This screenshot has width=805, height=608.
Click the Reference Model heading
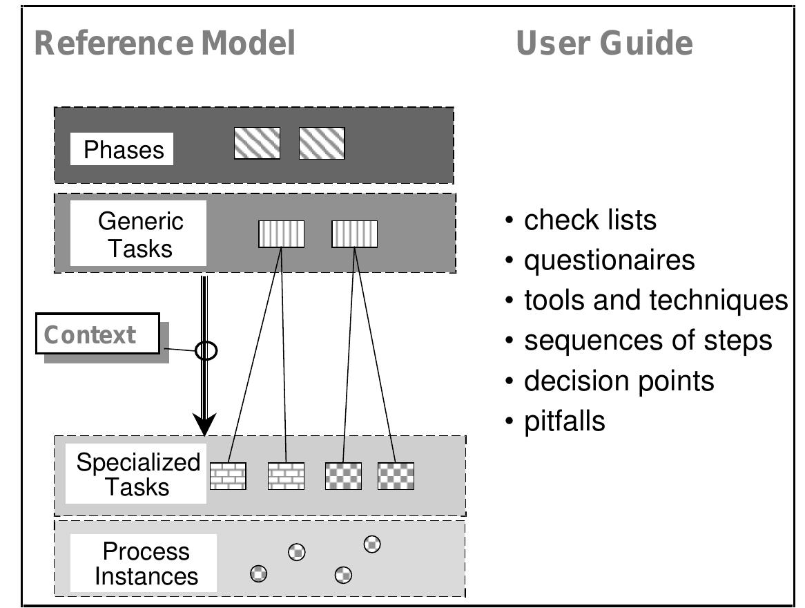pos(164,44)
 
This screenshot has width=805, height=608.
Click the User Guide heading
pos(604,44)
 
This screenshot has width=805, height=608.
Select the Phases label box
pos(124,150)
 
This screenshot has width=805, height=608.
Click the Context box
pos(97,334)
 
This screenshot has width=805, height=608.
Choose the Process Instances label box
pos(146,564)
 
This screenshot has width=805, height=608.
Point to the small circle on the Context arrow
pos(206,351)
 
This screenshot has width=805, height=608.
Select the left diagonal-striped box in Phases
pos(257,144)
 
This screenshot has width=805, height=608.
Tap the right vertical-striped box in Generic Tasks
pos(355,234)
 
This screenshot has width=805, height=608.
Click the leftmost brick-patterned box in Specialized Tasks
pos(228,476)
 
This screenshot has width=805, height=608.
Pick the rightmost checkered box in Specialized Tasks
pos(396,476)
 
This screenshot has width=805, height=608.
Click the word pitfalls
pos(564,421)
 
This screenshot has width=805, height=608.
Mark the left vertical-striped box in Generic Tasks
pos(282,234)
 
